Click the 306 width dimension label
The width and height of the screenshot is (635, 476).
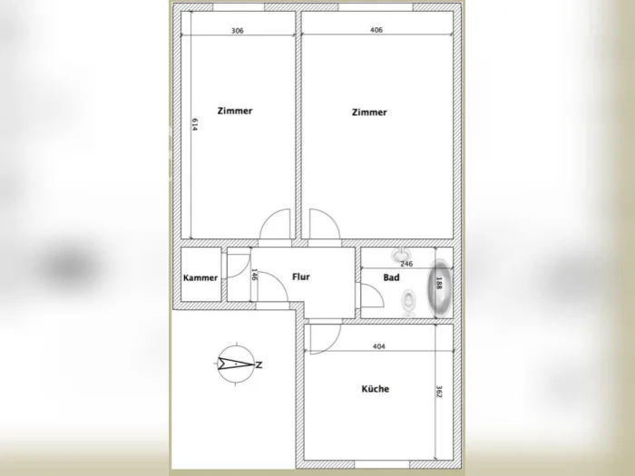coord(238,31)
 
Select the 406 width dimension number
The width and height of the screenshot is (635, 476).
coord(376,30)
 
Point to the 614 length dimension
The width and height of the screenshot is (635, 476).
coord(195,125)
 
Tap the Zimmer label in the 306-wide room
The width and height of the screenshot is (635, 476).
coord(235,111)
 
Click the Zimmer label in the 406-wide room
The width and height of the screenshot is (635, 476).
coord(369,112)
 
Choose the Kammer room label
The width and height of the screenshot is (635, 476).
coord(200,277)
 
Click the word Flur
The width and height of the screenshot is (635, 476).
coord(301,277)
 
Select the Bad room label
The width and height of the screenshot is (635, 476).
coord(391,277)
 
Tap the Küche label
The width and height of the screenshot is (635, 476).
coord(376,389)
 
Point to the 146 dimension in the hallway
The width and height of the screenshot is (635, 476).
coord(255,275)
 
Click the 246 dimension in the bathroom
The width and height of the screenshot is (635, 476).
coord(406,264)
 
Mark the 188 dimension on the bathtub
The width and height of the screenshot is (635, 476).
coord(439,283)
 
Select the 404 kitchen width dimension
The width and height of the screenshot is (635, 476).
coord(378,346)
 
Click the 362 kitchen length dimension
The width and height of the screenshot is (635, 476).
coord(439,392)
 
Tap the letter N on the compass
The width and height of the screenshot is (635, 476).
coord(259,364)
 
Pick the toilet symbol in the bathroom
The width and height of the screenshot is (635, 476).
coord(408,303)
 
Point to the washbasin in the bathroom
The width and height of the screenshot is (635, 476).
coord(401,255)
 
